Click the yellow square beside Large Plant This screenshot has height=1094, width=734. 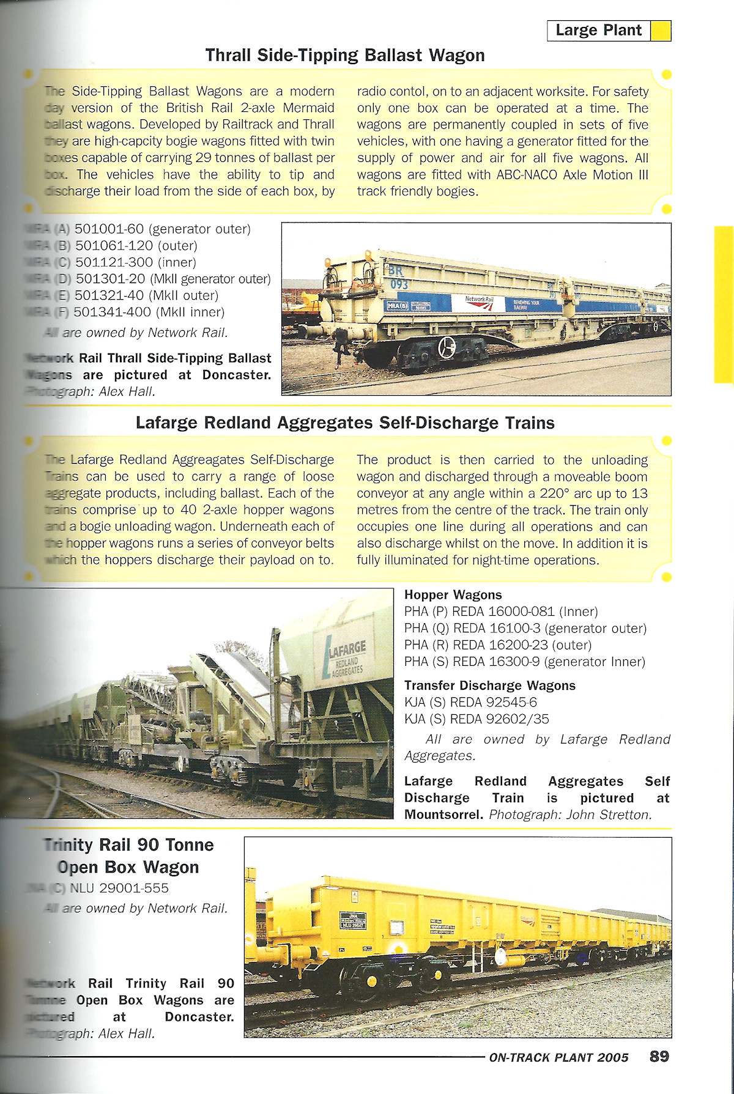click(661, 31)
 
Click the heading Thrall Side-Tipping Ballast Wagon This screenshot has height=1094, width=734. click(345, 56)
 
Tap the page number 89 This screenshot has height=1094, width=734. click(659, 1056)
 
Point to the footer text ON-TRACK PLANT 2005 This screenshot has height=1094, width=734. click(558, 1057)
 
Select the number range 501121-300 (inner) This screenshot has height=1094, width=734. click(135, 262)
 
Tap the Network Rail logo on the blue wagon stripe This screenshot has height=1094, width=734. click(478, 303)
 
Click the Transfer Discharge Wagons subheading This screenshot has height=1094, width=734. click(490, 686)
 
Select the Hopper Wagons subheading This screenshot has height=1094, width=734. click(453, 595)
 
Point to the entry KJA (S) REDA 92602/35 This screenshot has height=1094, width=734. click(476, 719)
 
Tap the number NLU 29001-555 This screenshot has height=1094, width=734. click(119, 888)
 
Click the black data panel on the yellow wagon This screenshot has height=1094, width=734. click(353, 920)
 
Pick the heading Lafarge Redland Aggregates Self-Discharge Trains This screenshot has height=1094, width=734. click(345, 423)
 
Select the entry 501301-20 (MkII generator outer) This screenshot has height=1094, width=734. click(172, 279)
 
